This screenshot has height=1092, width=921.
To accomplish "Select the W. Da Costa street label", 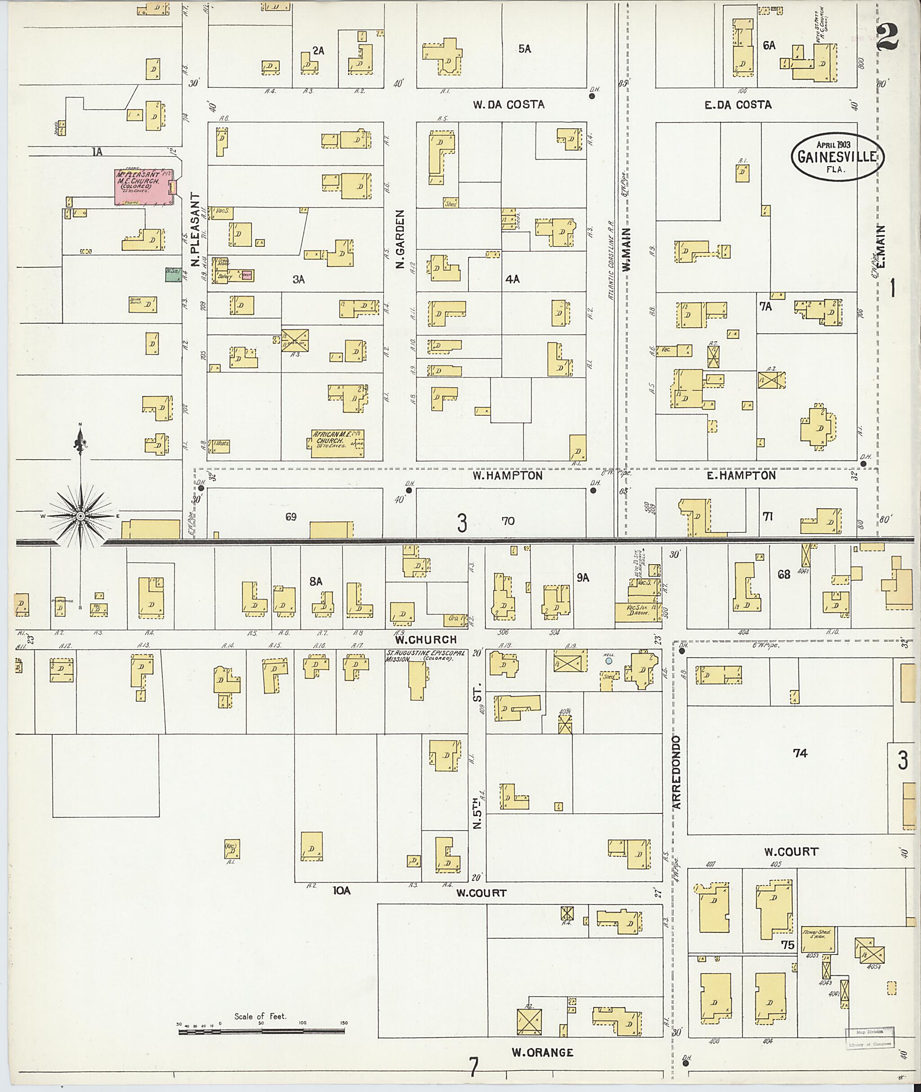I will (x=508, y=104).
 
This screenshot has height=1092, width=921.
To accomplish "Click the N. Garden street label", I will (x=400, y=239).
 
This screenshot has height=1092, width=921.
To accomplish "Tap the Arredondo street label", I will (x=677, y=772).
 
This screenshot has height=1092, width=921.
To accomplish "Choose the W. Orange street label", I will (x=541, y=1052).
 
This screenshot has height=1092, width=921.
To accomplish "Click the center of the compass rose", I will (x=80, y=516).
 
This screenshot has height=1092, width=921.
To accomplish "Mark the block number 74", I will (x=800, y=753).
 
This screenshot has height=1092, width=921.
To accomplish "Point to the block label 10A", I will (x=341, y=891).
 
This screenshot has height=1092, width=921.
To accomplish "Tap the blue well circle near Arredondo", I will (x=609, y=661).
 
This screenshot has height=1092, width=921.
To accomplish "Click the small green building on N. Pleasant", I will (x=170, y=275).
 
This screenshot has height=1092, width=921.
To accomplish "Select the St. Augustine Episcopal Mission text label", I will (x=419, y=655).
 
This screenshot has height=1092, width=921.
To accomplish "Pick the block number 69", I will (x=291, y=516).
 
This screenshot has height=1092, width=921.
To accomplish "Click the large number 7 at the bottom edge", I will (x=473, y=1067).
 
